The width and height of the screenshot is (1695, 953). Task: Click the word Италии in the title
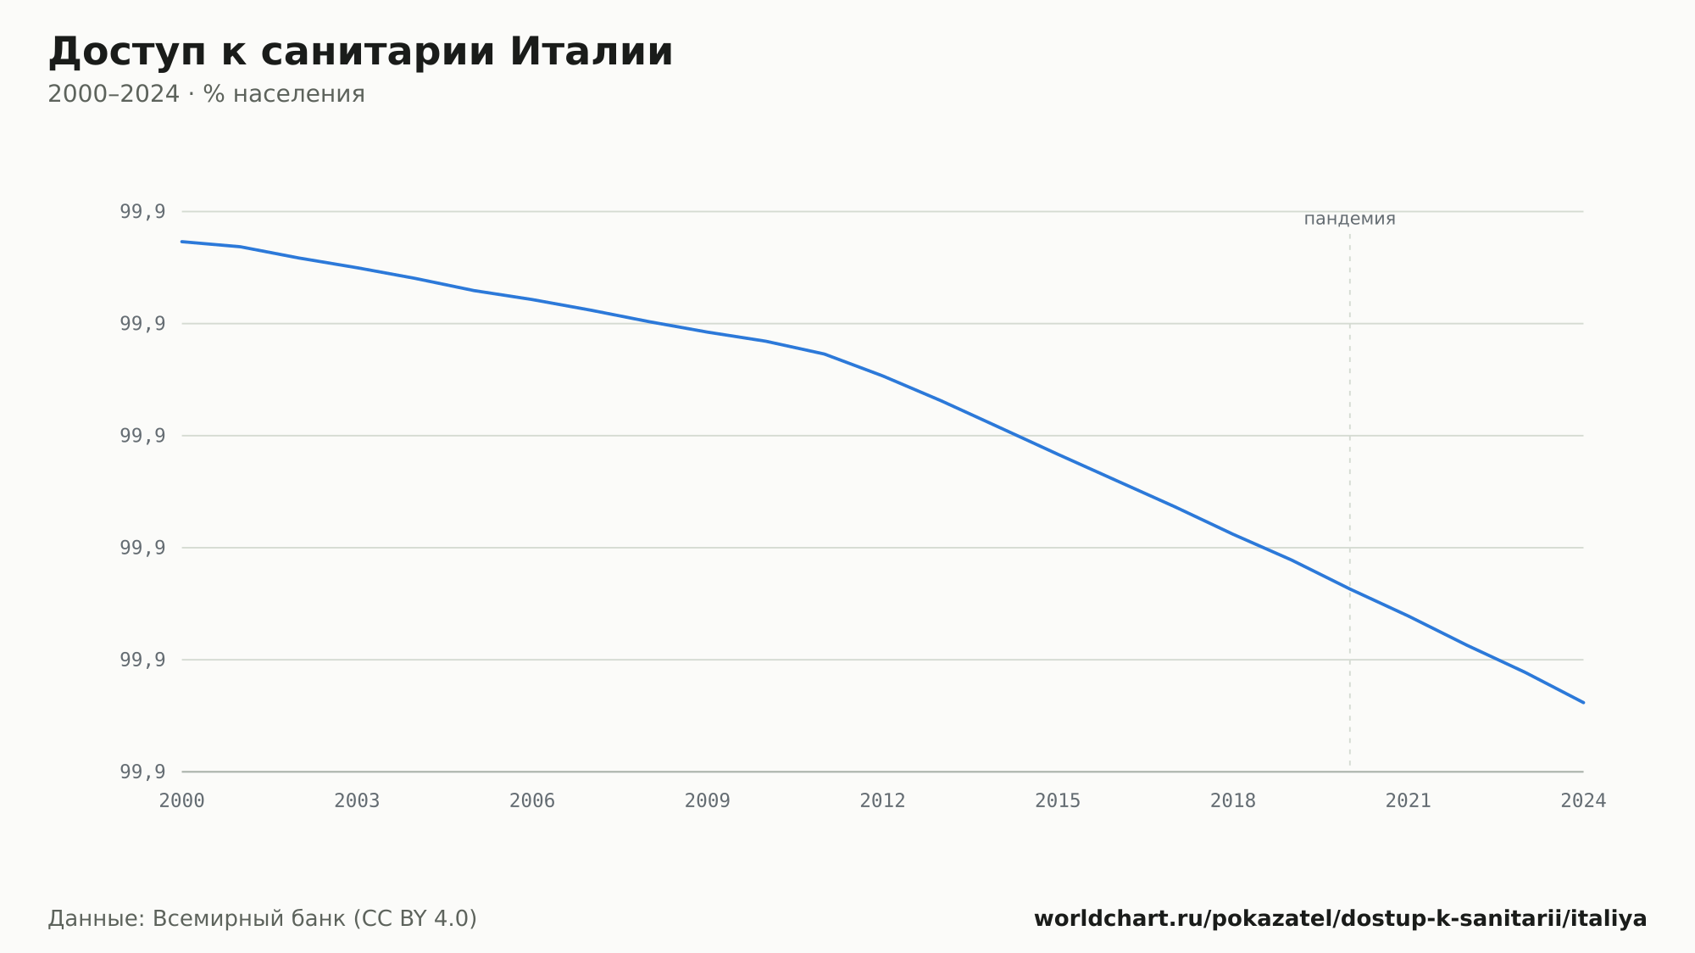pyautogui.click(x=591, y=52)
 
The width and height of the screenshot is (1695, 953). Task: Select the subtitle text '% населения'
pyautogui.click(x=284, y=94)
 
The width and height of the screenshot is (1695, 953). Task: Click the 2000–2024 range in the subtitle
pyautogui.click(x=114, y=94)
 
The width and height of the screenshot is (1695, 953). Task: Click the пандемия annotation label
pyautogui.click(x=1349, y=219)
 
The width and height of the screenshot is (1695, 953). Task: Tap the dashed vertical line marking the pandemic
pyautogui.click(x=1350, y=499)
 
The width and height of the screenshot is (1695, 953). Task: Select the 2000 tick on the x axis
pyautogui.click(x=182, y=801)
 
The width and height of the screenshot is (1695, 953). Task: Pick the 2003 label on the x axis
pyautogui.click(x=357, y=801)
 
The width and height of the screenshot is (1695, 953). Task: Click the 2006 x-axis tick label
pyautogui.click(x=532, y=801)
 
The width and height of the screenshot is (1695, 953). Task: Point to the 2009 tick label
pyautogui.click(x=708, y=801)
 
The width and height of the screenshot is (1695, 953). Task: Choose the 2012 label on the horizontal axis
pyautogui.click(x=883, y=801)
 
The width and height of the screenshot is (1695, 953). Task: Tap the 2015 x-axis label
pyautogui.click(x=1058, y=801)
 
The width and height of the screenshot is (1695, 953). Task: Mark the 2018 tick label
pyautogui.click(x=1233, y=801)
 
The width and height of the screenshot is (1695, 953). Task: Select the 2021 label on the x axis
pyautogui.click(x=1409, y=801)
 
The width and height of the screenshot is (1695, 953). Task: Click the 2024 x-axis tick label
pyautogui.click(x=1583, y=801)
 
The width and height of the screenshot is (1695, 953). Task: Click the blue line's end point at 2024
pyautogui.click(x=1583, y=702)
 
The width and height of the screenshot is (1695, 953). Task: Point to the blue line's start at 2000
pyautogui.click(x=182, y=242)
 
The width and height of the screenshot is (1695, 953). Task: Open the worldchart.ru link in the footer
pyautogui.click(x=1340, y=919)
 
